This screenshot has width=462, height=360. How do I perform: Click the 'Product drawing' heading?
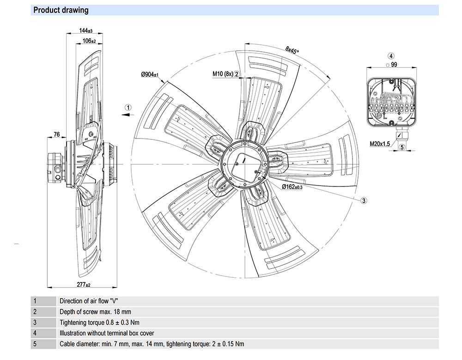tap(61, 10)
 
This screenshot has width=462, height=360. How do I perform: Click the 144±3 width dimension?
tap(86, 30)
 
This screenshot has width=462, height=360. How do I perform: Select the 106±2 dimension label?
tap(89, 41)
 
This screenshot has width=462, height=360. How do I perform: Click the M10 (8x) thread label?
tap(223, 74)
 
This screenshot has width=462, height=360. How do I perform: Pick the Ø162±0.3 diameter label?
tap(292, 186)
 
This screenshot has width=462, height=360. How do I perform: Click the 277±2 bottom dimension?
tap(84, 285)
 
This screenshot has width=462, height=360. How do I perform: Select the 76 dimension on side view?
tap(57, 134)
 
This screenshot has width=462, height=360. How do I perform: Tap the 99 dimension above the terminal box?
tap(394, 65)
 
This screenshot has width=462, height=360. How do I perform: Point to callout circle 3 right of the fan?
tap(364, 200)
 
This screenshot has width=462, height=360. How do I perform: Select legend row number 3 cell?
tap(35, 322)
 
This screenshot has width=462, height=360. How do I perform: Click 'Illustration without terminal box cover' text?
tap(107, 333)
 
